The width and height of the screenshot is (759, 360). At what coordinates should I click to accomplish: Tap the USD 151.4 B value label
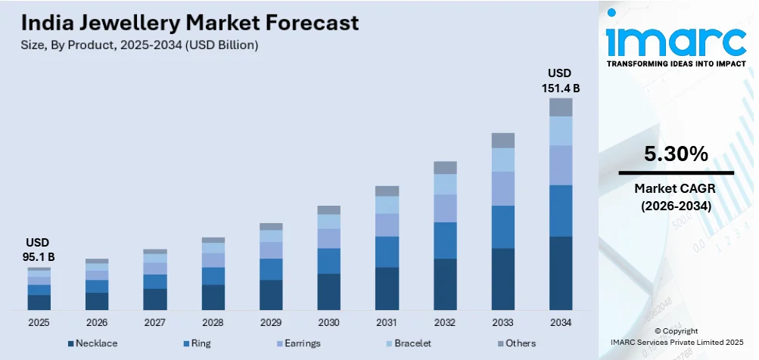[x=561, y=80]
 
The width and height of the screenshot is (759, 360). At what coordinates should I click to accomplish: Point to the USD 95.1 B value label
[x=39, y=250]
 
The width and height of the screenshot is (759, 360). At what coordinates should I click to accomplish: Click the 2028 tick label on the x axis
[x=213, y=322]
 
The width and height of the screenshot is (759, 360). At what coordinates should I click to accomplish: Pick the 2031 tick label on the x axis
[x=387, y=322]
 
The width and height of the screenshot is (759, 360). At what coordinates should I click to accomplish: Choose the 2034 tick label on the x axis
[x=561, y=322]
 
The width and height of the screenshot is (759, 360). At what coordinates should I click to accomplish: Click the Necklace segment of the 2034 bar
[x=561, y=273]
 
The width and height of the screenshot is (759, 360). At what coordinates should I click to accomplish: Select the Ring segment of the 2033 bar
[x=502, y=227]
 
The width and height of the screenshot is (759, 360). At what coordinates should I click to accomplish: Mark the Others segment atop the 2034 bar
[x=561, y=107]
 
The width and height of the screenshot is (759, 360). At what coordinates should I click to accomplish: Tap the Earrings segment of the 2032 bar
[x=445, y=208]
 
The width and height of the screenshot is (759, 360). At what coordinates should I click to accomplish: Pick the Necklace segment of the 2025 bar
[x=39, y=303]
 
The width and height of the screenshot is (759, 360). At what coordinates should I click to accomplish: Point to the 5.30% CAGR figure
[x=676, y=155]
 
